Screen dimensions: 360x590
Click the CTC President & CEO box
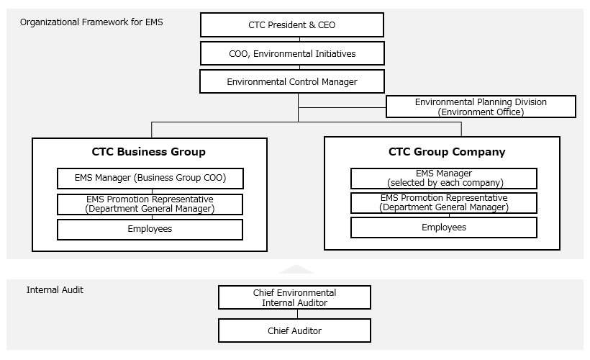tap(291, 25)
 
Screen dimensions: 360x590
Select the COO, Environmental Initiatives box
tap(291, 53)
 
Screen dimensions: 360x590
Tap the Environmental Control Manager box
tap(291, 81)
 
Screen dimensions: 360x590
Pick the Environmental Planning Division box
tap(481, 107)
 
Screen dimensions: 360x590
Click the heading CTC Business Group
tap(149, 152)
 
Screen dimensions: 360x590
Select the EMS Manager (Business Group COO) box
tap(150, 178)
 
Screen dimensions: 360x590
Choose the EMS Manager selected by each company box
tap(444, 178)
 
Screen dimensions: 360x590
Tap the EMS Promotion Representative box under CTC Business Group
tap(150, 204)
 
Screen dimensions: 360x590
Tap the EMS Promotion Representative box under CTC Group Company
tap(444, 202)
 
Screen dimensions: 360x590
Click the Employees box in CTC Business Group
tap(150, 229)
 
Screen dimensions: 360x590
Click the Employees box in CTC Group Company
tap(444, 228)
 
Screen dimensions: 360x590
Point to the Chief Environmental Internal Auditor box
tap(294, 297)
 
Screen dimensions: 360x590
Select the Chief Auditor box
tap(294, 330)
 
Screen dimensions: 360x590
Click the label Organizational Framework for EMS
tap(91, 22)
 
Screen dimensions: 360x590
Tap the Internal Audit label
tap(55, 290)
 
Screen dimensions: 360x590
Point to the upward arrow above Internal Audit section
tap(296, 269)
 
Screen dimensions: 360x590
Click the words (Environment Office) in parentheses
tap(481, 112)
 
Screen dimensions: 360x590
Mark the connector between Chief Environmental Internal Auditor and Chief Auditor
tap(295, 314)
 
